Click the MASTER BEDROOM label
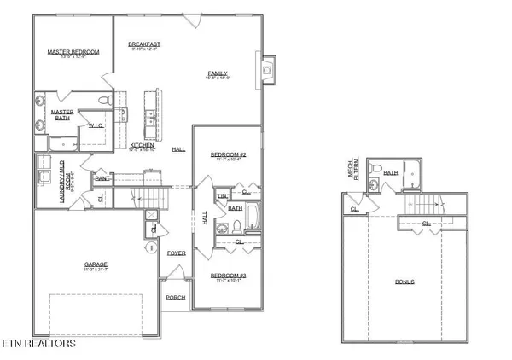73,52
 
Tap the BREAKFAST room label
144,44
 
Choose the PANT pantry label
102,178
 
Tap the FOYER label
176,253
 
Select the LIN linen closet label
221,196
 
